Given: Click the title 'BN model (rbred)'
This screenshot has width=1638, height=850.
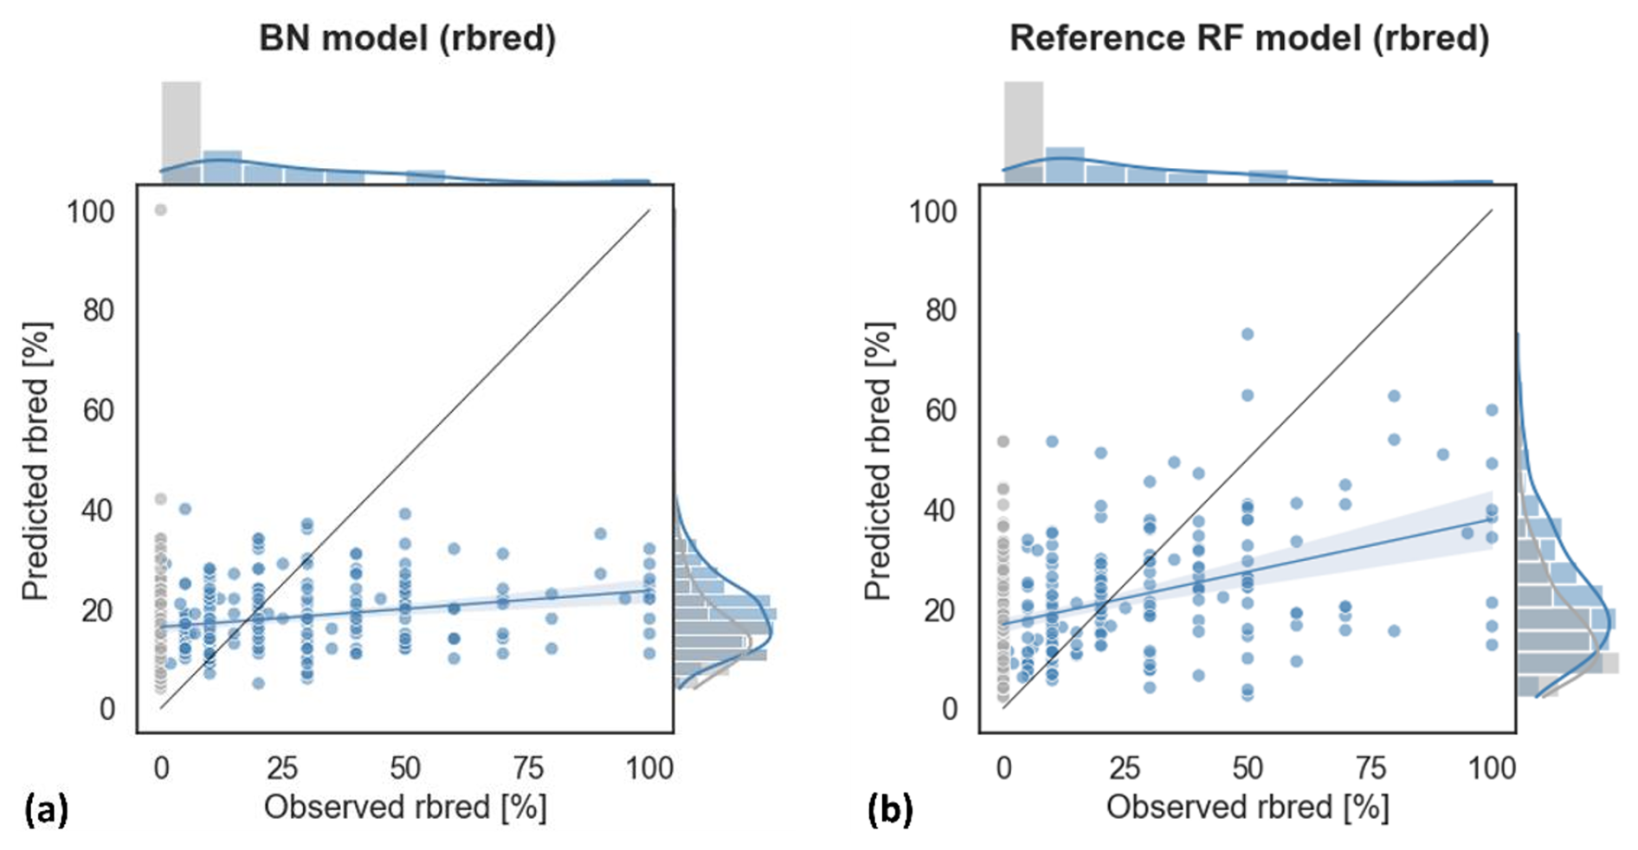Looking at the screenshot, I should pyautogui.click(x=407, y=39).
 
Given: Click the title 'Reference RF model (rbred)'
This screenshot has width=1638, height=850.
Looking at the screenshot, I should pyautogui.click(x=1248, y=39).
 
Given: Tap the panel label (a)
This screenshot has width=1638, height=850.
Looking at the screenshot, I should pyautogui.click(x=46, y=810).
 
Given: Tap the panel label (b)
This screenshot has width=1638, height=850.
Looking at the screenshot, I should pyautogui.click(x=889, y=810).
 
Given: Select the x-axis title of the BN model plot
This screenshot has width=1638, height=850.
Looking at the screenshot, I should pyautogui.click(x=405, y=807).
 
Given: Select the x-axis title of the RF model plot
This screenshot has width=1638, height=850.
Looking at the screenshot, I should pyautogui.click(x=1248, y=807).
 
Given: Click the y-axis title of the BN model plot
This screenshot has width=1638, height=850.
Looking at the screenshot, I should pyautogui.click(x=36, y=461).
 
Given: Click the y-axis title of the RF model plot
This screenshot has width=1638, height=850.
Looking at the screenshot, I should pyautogui.click(x=878, y=461).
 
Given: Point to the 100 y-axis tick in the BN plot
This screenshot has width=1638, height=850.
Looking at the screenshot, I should pyautogui.click(x=90, y=211).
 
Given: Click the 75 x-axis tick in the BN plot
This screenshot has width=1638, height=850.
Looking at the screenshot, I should pyautogui.click(x=527, y=768).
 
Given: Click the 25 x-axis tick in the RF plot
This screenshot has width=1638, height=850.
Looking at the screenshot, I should pyautogui.click(x=1125, y=768).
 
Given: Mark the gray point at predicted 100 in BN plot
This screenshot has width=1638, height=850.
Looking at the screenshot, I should pyautogui.click(x=160, y=210).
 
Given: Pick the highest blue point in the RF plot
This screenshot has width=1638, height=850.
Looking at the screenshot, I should pyautogui.click(x=1248, y=334).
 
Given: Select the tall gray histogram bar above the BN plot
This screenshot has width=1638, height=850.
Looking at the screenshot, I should pyautogui.click(x=181, y=130).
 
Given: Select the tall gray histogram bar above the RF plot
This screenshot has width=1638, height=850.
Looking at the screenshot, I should pyautogui.click(x=1023, y=130).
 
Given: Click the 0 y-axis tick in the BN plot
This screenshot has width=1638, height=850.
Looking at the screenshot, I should pyautogui.click(x=106, y=710).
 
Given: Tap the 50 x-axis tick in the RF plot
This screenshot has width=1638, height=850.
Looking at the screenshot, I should pyautogui.click(x=1248, y=768).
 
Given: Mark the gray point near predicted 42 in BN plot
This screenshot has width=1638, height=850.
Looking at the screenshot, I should pyautogui.click(x=160, y=499).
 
